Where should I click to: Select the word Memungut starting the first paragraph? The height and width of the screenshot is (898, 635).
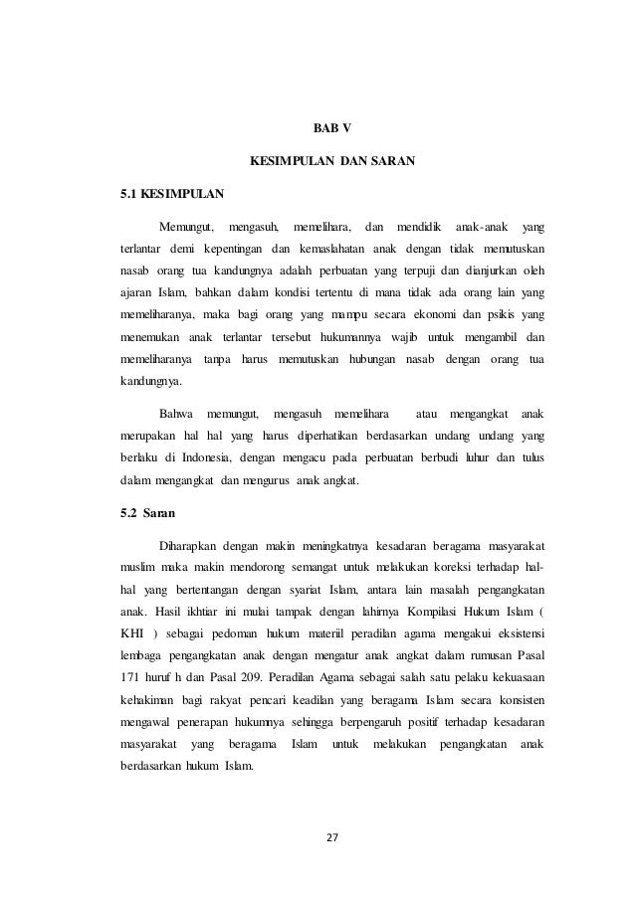pos(186,218)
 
